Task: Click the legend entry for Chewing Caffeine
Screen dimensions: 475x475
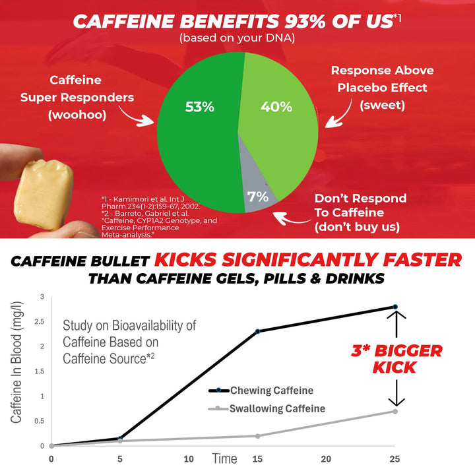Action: [262, 391]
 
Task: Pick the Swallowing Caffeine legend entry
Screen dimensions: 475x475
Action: [267, 408]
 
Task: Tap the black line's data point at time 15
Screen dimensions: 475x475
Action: [258, 331]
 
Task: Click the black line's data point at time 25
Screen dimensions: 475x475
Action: [395, 307]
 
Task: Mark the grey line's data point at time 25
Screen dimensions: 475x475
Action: [395, 411]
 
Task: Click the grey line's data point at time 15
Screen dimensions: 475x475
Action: [258, 436]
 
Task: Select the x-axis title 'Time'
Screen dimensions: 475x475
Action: [224, 458]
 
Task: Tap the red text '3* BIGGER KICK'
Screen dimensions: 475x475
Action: [395, 358]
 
